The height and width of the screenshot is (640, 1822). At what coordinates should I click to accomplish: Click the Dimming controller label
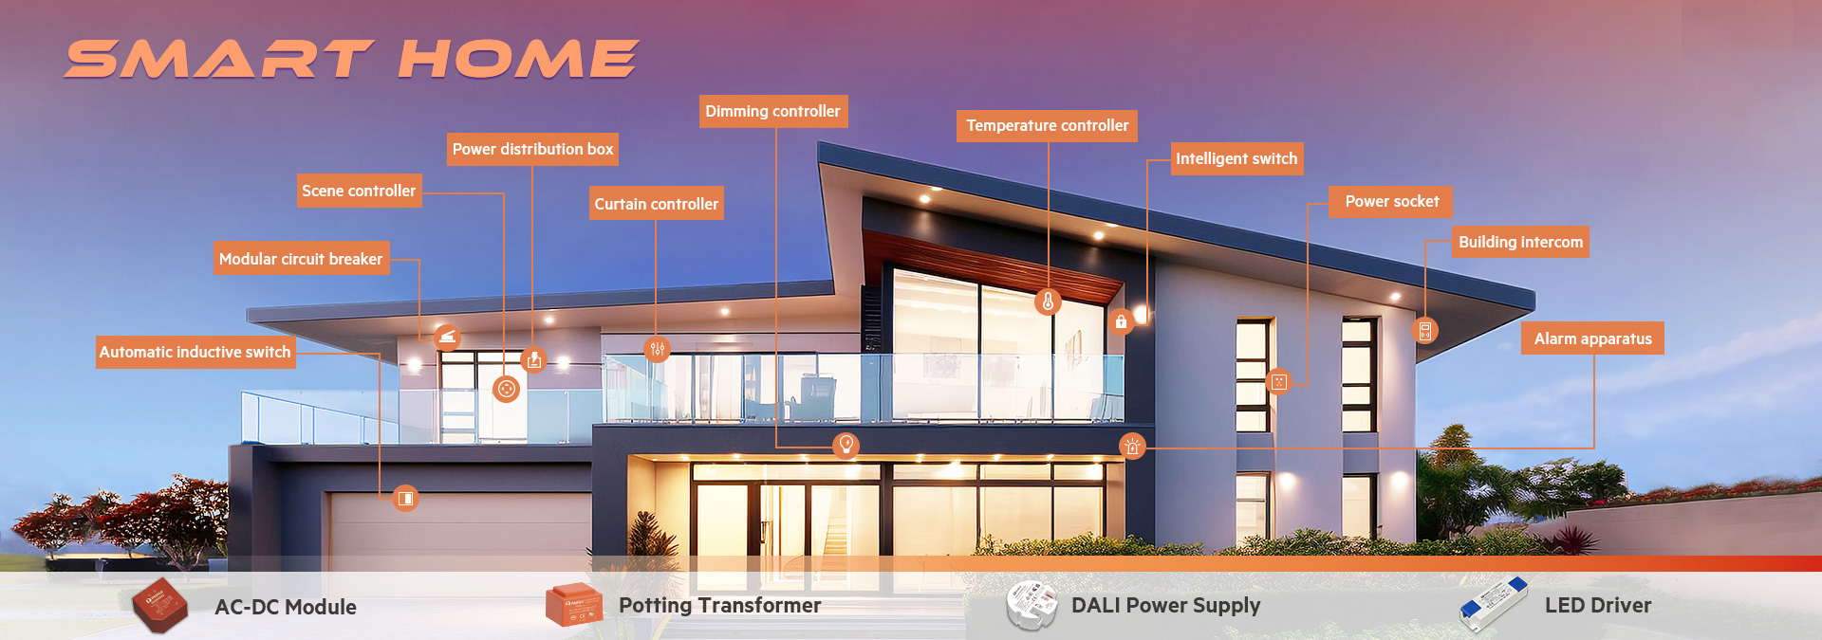(773, 111)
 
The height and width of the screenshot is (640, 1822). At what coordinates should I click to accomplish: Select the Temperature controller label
(1047, 125)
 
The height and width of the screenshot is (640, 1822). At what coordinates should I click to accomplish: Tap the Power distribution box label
(532, 149)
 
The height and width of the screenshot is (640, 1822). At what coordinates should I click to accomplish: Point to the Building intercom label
(1520, 242)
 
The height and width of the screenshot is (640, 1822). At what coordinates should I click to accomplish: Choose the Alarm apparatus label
(1592, 338)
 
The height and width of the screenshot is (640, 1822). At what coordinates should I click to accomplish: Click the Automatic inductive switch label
(195, 352)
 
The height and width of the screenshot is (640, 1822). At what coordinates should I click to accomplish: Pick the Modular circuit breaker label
(301, 259)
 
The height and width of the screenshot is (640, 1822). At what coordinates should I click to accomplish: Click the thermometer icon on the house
(1048, 302)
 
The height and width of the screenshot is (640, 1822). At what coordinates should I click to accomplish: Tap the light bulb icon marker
(846, 445)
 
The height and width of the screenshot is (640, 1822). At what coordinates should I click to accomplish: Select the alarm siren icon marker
(1132, 446)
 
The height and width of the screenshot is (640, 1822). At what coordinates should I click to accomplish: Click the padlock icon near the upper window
(1121, 321)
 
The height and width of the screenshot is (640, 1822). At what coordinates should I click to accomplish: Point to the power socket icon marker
(1279, 381)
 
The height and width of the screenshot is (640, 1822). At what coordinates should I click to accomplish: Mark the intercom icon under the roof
(1424, 331)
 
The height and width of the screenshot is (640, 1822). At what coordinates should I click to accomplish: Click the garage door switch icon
(405, 498)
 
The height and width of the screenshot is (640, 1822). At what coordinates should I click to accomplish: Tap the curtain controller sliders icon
(657, 349)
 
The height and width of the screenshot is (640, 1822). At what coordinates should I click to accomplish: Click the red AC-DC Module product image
(159, 605)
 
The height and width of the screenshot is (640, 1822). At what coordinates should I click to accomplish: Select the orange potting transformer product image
(573, 605)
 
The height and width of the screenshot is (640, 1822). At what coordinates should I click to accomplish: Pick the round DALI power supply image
(1032, 606)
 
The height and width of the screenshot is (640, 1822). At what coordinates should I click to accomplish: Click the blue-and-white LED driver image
(1493, 604)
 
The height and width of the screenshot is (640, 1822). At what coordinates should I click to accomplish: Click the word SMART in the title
(218, 59)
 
